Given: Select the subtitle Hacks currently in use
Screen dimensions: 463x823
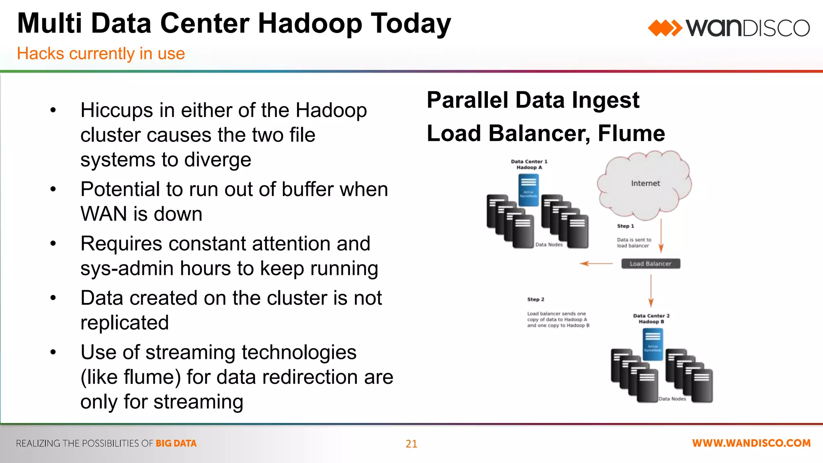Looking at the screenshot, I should coord(101,53).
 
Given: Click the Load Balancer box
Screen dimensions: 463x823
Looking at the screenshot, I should coord(650,264).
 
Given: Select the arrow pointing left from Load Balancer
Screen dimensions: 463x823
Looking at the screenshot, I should coord(596,264).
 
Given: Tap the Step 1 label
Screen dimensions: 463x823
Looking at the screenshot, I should coord(625,226).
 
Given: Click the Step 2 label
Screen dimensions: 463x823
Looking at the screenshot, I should coord(536,299).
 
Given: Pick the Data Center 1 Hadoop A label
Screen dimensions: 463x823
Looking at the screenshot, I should coord(529,164).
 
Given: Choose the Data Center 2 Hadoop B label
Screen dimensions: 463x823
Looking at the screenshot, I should coord(651,319).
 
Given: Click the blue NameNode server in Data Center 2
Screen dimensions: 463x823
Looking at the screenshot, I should coord(653,344).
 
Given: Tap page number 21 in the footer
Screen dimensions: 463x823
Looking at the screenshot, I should coord(411,444).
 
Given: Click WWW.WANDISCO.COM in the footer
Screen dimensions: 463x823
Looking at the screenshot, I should coord(751,443).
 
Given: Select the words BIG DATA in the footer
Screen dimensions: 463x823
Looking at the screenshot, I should coord(176,443).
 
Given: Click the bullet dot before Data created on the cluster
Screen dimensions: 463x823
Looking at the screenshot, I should coord(53,298).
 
